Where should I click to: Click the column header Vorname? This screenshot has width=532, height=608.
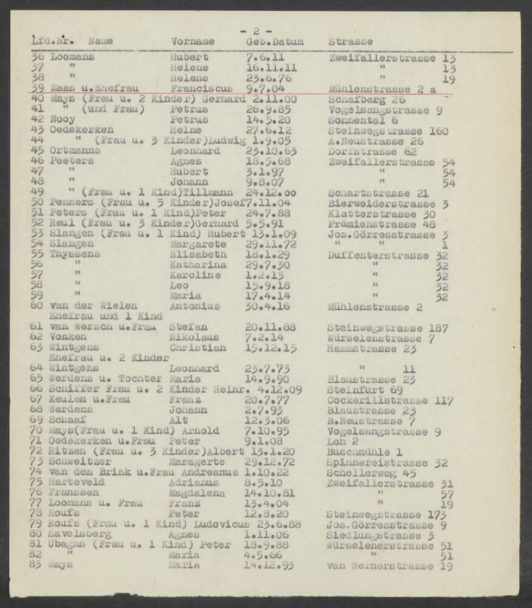pos(193,42)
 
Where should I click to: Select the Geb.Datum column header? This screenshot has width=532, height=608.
pos(274,42)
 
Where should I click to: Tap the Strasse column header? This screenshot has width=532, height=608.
pos(351,42)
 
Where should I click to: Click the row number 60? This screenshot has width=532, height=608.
pos(36,306)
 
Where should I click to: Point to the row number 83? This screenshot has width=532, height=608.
pos(36,565)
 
